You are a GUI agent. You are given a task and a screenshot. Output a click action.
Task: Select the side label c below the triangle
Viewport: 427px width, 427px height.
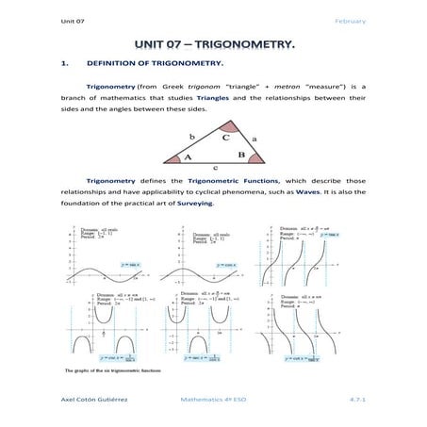pos(216,168)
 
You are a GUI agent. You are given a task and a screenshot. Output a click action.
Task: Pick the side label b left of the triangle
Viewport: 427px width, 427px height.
pos(191,136)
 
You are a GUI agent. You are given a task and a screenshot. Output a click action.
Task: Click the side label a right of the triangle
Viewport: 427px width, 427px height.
pos(254,138)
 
